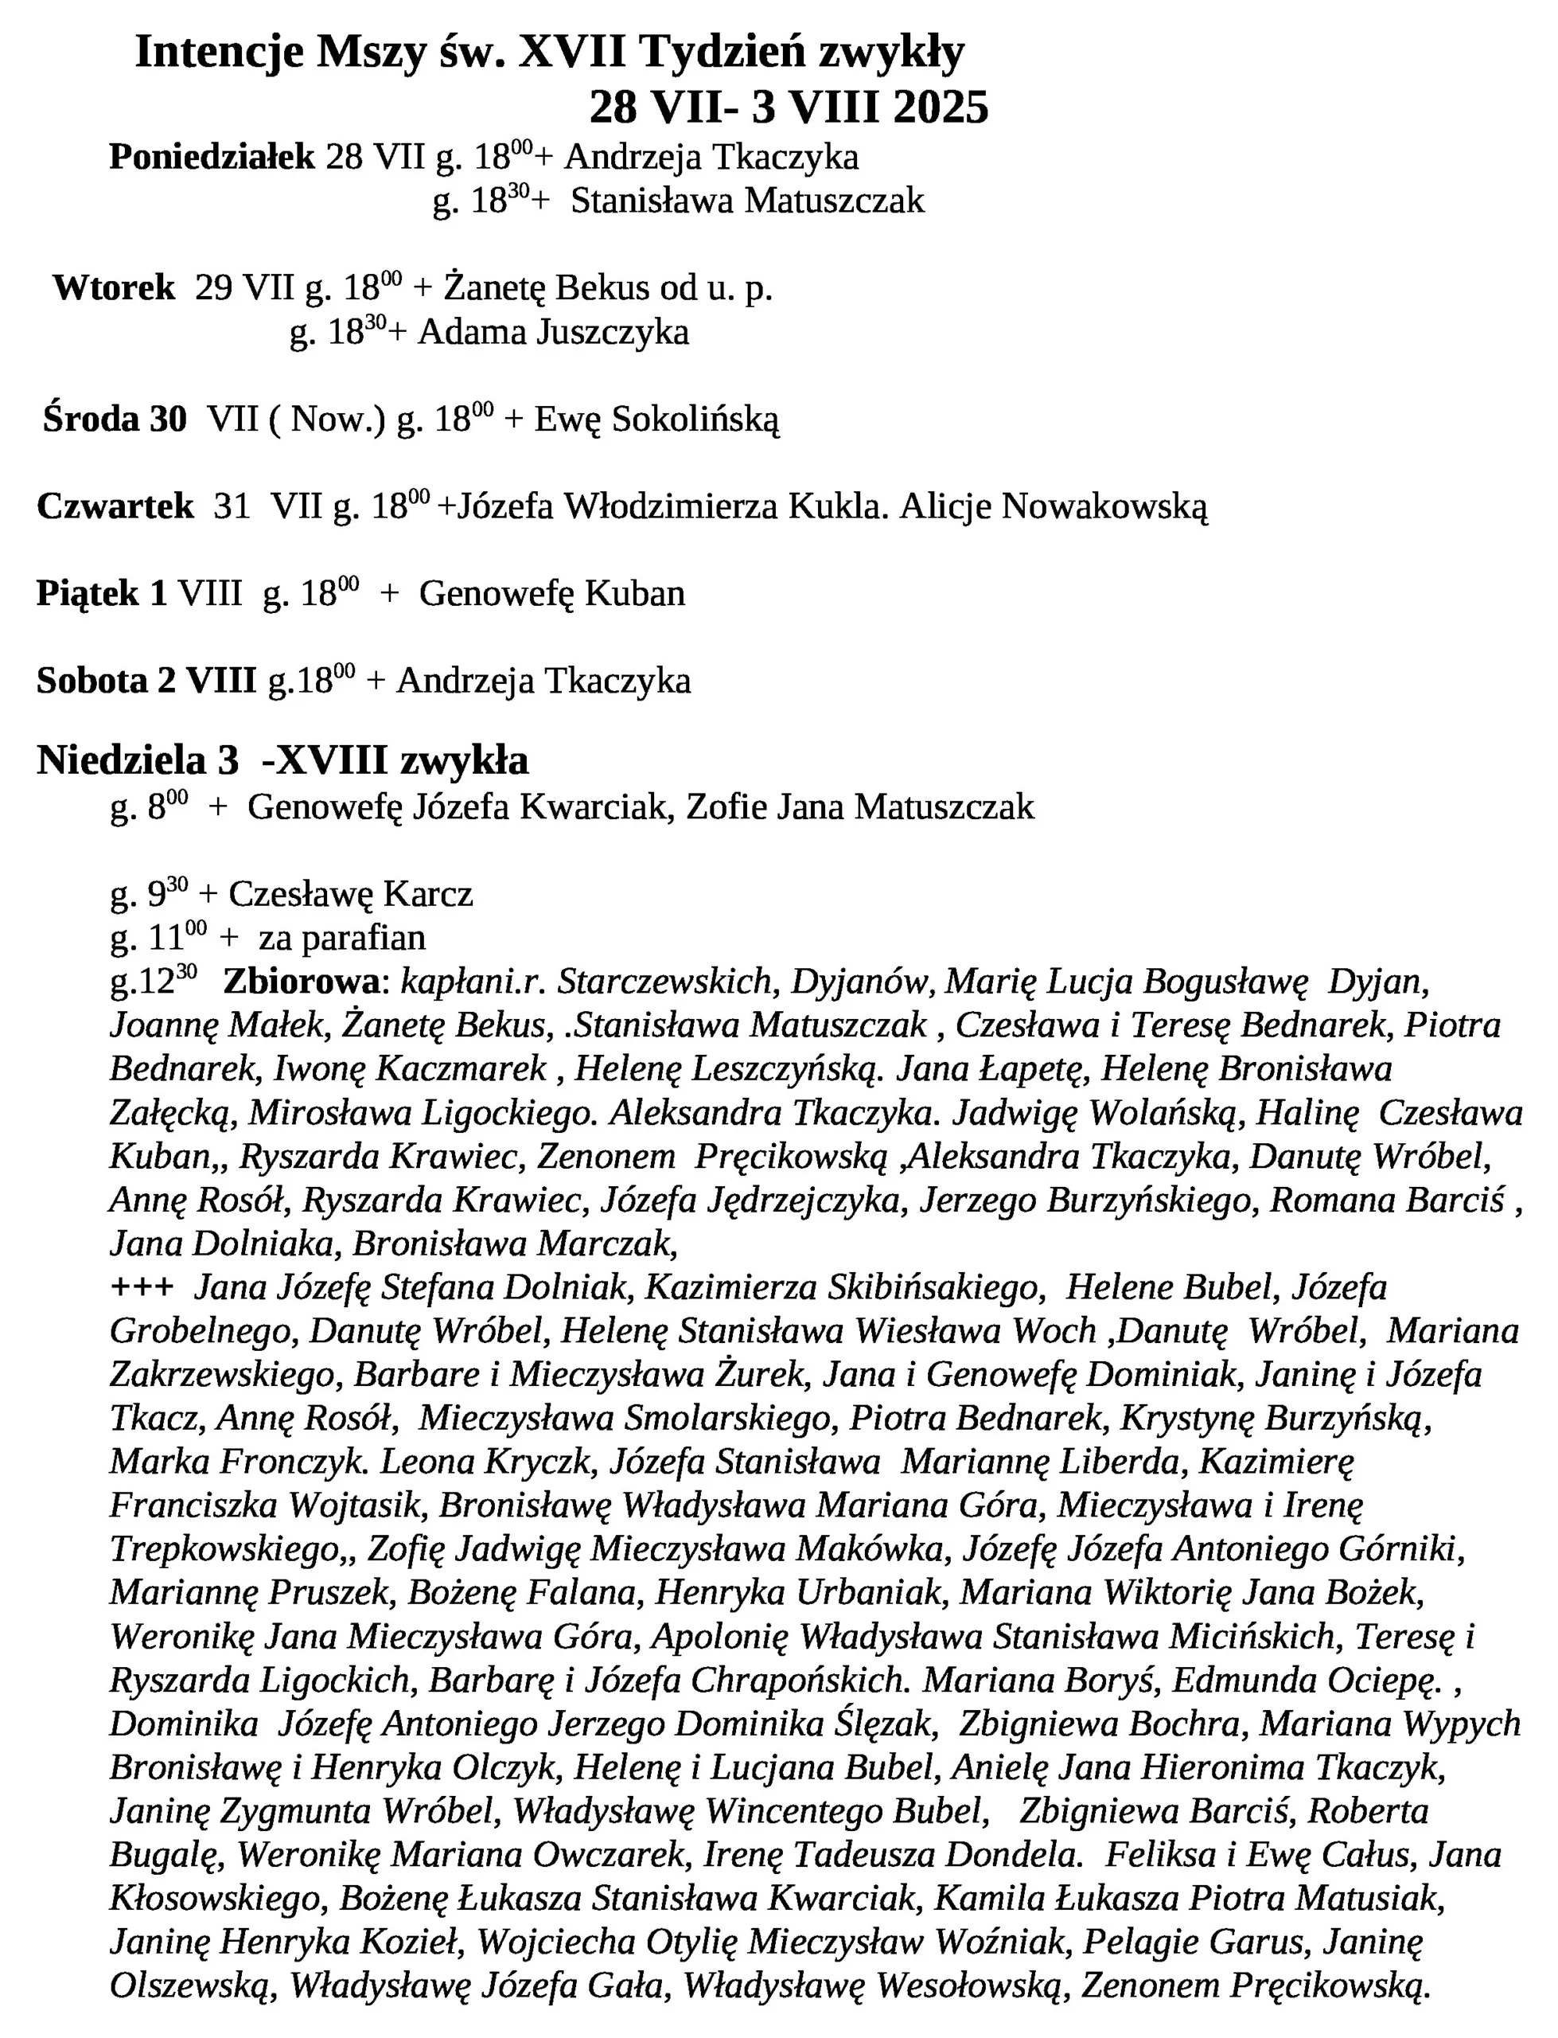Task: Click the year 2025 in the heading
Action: tap(941, 108)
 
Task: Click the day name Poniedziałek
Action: tap(212, 158)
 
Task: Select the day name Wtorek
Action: tap(114, 288)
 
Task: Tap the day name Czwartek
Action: tap(116, 506)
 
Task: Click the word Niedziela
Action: tap(122, 760)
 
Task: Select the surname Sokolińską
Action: tap(695, 420)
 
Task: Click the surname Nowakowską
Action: tap(1104, 506)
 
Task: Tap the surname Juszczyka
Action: tap(613, 332)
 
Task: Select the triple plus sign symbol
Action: tap(142, 1287)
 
